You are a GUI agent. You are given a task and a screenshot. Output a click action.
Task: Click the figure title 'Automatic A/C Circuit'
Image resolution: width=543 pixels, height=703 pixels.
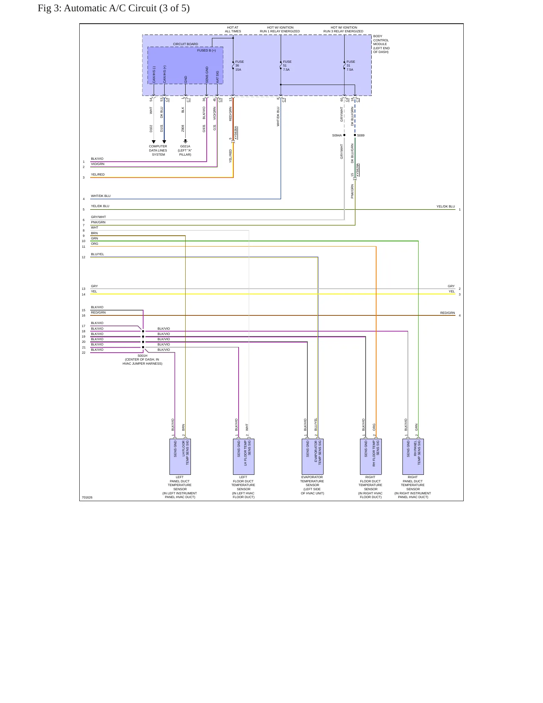tap(110, 8)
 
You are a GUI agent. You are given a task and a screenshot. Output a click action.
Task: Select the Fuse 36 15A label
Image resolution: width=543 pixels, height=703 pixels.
tap(239, 66)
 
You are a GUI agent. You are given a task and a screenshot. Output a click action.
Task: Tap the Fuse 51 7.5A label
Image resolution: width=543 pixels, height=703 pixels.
tap(287, 66)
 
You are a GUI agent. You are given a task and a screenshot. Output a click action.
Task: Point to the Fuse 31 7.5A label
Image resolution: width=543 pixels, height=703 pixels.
tap(351, 66)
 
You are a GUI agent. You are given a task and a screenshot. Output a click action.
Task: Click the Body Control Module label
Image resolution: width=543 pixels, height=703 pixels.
tap(381, 44)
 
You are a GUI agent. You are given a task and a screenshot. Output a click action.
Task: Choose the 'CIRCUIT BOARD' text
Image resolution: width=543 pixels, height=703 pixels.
tap(185, 44)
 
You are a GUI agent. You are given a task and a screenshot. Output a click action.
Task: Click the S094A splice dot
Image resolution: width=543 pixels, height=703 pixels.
tap(344, 135)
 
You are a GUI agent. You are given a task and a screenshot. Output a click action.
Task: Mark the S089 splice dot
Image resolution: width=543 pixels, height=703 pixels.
tap(355, 135)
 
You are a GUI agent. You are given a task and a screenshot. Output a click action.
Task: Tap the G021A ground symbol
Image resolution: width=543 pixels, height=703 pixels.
tap(185, 141)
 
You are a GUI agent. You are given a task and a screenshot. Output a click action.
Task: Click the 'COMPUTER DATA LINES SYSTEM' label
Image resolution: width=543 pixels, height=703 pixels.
tap(158, 150)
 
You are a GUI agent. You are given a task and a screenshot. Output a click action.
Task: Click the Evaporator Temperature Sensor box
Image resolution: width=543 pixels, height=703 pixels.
tap(312, 457)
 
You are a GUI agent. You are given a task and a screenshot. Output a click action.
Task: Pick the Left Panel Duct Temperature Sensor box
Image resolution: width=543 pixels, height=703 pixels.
tap(180, 457)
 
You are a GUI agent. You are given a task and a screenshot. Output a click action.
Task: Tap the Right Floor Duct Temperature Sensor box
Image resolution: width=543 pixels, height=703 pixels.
tap(371, 457)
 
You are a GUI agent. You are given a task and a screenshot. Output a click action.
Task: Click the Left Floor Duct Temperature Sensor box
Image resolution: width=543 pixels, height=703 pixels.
tap(244, 457)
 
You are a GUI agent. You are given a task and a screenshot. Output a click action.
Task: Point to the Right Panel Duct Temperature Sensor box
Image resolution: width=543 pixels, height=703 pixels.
tap(413, 457)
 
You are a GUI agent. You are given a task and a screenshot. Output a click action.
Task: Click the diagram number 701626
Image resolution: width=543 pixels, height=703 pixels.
tap(87, 497)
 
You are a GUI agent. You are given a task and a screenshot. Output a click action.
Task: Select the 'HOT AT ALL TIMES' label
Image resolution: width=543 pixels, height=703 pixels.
tap(233, 29)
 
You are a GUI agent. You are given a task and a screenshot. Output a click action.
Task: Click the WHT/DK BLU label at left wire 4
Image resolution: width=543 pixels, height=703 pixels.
tap(101, 196)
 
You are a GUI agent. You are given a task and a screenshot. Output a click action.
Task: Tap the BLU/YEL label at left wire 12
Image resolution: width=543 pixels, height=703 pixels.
tap(97, 254)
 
